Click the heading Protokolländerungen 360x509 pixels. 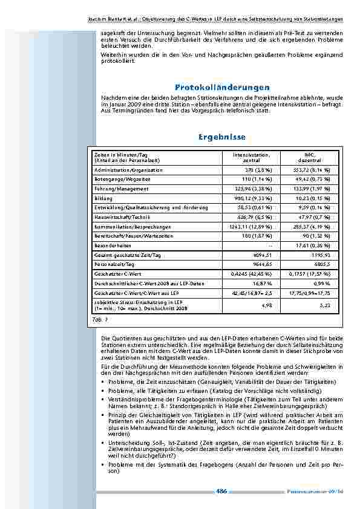(x=221, y=88)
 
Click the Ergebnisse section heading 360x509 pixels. (x=221, y=138)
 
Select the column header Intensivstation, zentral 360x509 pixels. (x=251, y=158)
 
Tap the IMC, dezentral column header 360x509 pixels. (x=311, y=158)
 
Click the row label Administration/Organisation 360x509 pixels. (x=128, y=170)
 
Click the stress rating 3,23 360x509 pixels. (x=325, y=305)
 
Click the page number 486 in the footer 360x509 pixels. (x=221, y=491)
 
